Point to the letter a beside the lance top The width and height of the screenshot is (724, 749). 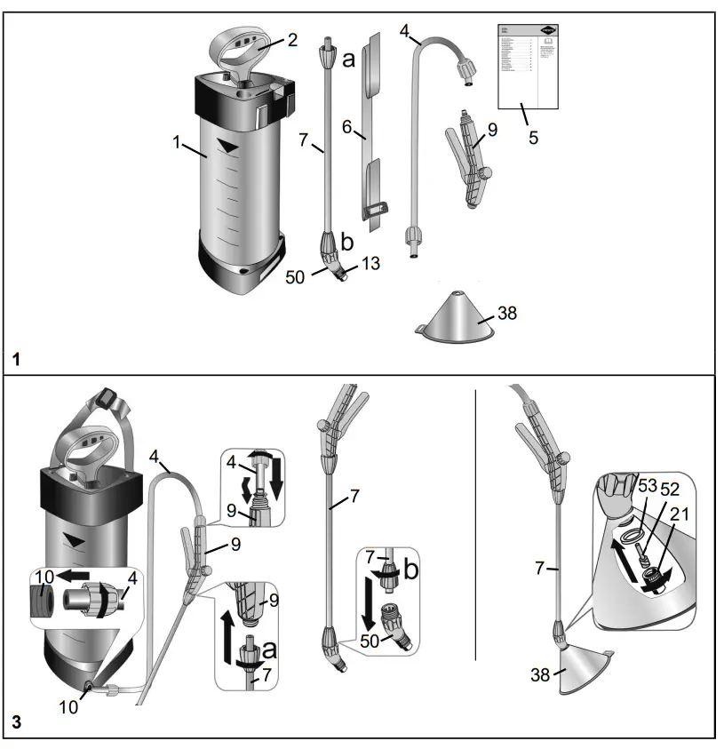tap(348, 60)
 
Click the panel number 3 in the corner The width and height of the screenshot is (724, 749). tap(18, 724)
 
